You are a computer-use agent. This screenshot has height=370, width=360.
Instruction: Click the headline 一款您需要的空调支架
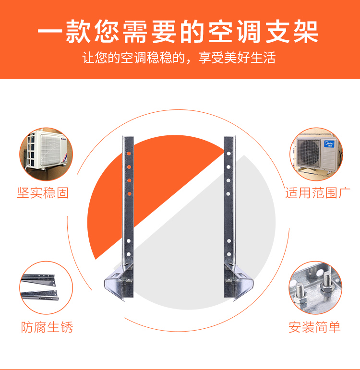click(x=178, y=32)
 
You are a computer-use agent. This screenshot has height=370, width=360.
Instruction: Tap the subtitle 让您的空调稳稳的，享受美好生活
click(x=179, y=58)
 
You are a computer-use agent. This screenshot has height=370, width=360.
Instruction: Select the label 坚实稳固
click(x=43, y=193)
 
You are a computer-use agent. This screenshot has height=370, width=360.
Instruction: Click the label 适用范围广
click(x=318, y=193)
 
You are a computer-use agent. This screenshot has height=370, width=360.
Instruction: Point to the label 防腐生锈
click(x=47, y=327)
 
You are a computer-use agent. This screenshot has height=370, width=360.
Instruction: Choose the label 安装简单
click(x=315, y=327)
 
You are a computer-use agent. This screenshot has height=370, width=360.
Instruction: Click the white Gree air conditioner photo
click(x=46, y=155)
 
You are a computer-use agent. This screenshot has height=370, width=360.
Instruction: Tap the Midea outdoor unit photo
click(x=316, y=155)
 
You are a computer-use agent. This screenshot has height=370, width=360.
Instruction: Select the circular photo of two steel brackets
click(x=46, y=287)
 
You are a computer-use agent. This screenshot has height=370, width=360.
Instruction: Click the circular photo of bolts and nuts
click(x=315, y=287)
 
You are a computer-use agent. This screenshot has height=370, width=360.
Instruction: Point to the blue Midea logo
click(x=329, y=144)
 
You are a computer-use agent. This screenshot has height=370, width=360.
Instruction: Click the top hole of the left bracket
click(x=129, y=154)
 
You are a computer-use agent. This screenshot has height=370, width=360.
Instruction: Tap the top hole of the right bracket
click(x=228, y=154)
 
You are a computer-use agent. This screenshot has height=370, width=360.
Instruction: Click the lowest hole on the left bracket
click(x=129, y=254)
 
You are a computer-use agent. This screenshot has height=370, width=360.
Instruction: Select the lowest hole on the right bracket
click(x=228, y=254)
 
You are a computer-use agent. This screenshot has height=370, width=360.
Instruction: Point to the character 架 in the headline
click(x=306, y=32)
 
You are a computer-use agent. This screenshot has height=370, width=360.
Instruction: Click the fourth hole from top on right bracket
click(x=228, y=194)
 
